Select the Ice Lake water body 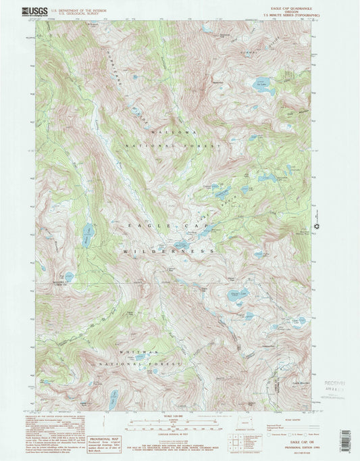click(260, 86)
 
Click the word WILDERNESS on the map click(168, 251)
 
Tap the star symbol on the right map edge click(315, 225)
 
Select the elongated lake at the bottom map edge click(113, 397)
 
